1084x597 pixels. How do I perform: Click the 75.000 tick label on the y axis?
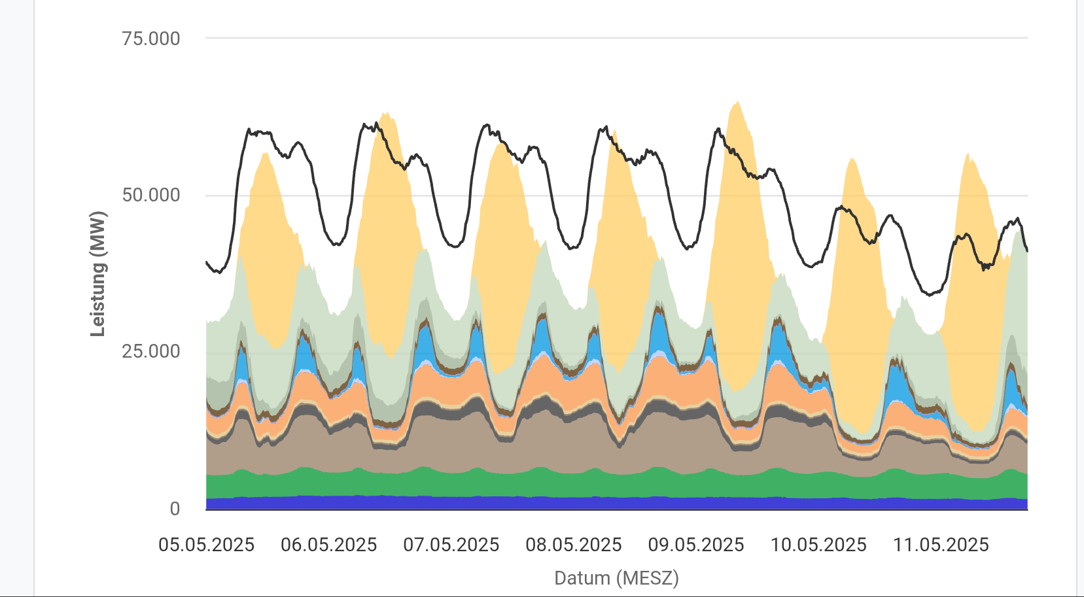[x=150, y=39]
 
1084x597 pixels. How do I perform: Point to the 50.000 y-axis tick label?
[x=150, y=196]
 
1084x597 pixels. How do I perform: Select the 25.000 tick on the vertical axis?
[x=150, y=352]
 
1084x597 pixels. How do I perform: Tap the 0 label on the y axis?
[x=175, y=509]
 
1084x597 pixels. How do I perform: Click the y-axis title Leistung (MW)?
[x=97, y=274]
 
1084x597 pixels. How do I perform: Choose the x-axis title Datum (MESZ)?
[x=616, y=578]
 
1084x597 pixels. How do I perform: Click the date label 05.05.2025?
[x=206, y=545]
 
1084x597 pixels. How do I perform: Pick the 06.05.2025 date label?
[x=328, y=545]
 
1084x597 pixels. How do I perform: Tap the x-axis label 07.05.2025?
[x=451, y=545]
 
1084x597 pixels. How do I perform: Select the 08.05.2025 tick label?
[x=574, y=545]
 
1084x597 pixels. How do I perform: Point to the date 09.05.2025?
[x=696, y=545]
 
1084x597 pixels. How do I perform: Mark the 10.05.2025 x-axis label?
[x=818, y=545]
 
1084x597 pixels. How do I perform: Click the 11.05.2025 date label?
[x=941, y=545]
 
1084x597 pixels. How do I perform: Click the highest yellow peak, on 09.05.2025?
[x=737, y=101]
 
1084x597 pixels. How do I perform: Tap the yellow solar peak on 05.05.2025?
[x=265, y=154]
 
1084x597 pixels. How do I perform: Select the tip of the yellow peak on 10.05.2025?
[x=852, y=159]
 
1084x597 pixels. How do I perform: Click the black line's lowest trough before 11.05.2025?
[x=930, y=294]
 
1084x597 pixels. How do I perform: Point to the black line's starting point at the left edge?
[x=207, y=262]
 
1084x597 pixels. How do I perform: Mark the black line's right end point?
[x=1027, y=250]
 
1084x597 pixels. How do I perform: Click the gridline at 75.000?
[x=616, y=38]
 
